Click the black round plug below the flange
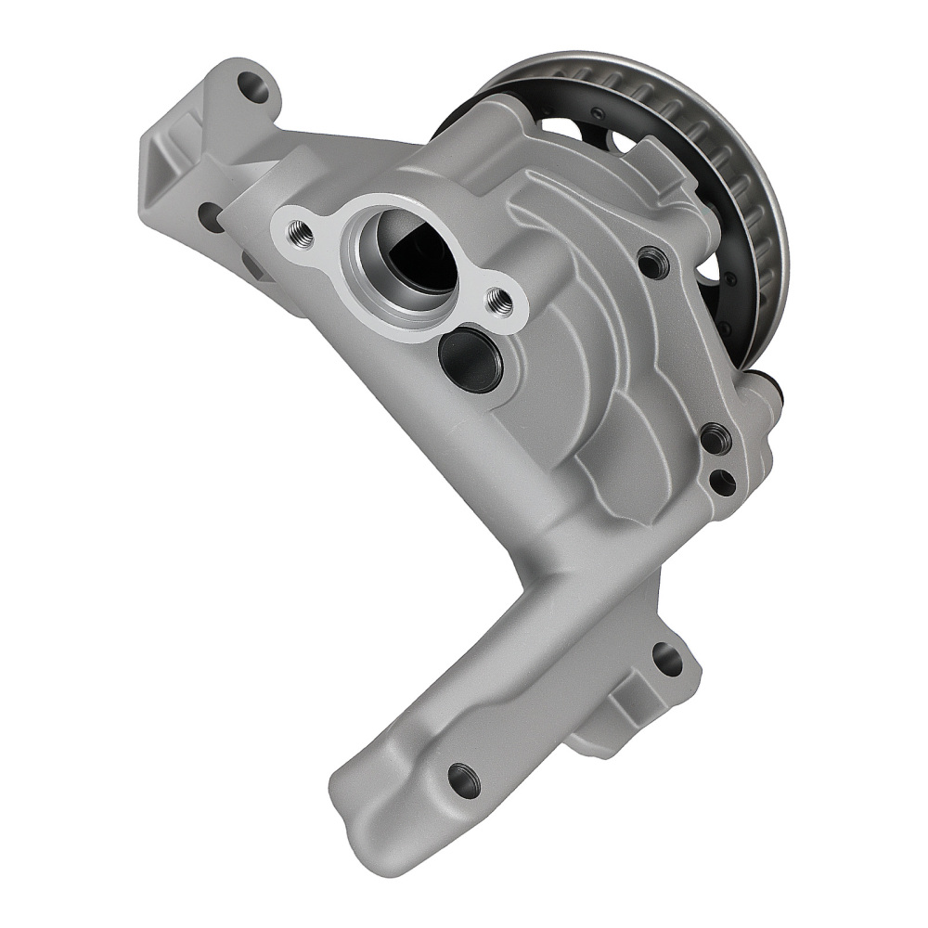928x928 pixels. click(470, 360)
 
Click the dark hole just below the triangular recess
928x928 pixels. click(211, 216)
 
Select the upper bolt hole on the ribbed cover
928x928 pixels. click(651, 263)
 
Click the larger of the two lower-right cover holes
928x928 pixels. click(714, 437)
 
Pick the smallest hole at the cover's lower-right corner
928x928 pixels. click(723, 482)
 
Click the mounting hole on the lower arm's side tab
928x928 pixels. click(666, 658)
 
